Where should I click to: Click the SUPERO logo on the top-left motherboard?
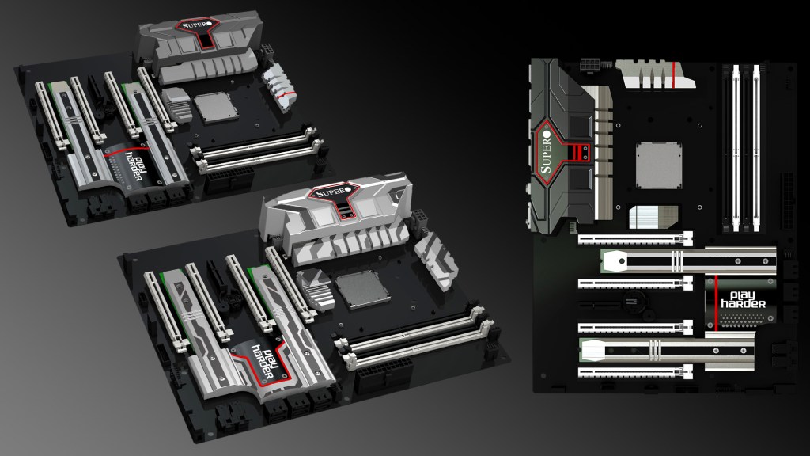pyautogui.click(x=194, y=25)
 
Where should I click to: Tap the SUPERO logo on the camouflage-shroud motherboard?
pyautogui.click(x=333, y=193)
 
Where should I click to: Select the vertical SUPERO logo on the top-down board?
pyautogui.click(x=546, y=153)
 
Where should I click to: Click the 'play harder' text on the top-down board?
pyautogui.click(x=744, y=299)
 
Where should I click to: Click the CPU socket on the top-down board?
pyautogui.click(x=658, y=165)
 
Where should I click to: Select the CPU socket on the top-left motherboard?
pyautogui.click(x=215, y=107)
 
